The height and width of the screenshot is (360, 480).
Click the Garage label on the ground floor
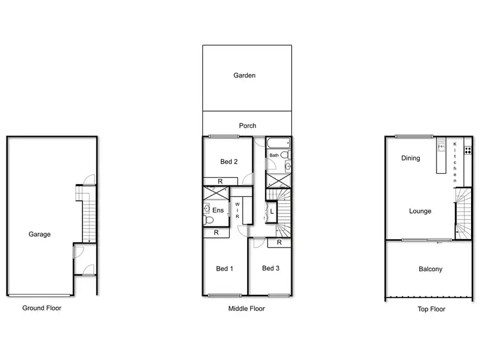pos(39,234)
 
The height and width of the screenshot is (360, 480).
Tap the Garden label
pos(244,75)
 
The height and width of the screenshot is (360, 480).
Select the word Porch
pos(247,126)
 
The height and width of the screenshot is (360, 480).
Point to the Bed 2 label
pos(228,162)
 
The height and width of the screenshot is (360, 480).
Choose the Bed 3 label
pos(271,269)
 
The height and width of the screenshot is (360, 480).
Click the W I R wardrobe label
pos(237,210)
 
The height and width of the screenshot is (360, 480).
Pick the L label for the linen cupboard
pos(272,211)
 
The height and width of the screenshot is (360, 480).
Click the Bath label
pos(274,155)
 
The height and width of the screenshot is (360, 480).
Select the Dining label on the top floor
pos(410,158)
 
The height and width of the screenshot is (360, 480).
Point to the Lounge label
pos(420,211)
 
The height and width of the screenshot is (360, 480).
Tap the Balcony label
pos(430,269)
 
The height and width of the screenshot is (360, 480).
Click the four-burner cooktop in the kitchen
pos(468,151)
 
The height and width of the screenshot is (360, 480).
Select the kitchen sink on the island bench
pos(441,146)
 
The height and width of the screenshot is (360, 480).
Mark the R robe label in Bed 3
pos(280,243)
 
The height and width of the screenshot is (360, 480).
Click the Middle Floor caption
pos(246,308)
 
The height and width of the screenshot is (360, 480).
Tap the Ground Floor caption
pos(42,308)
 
